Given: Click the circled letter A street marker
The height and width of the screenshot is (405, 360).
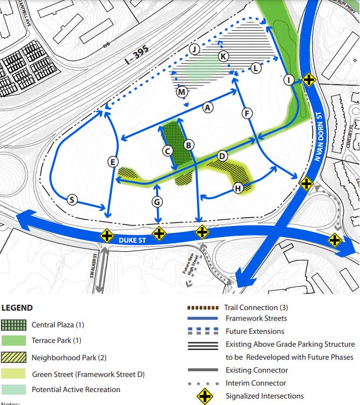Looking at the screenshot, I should [x=207, y=108].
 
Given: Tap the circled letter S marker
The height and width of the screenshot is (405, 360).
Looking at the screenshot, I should [x=72, y=200].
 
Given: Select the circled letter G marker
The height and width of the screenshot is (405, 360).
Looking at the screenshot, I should [x=157, y=202].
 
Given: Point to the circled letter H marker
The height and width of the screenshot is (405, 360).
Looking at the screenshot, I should [x=238, y=188].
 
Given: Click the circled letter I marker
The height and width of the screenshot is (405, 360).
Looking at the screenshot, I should [x=289, y=80].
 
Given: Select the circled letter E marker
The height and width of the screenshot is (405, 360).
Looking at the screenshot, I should [x=113, y=161].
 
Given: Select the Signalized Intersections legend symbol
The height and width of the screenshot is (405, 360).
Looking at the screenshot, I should [x=205, y=396].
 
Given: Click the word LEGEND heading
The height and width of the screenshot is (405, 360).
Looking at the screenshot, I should [x=17, y=308].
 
